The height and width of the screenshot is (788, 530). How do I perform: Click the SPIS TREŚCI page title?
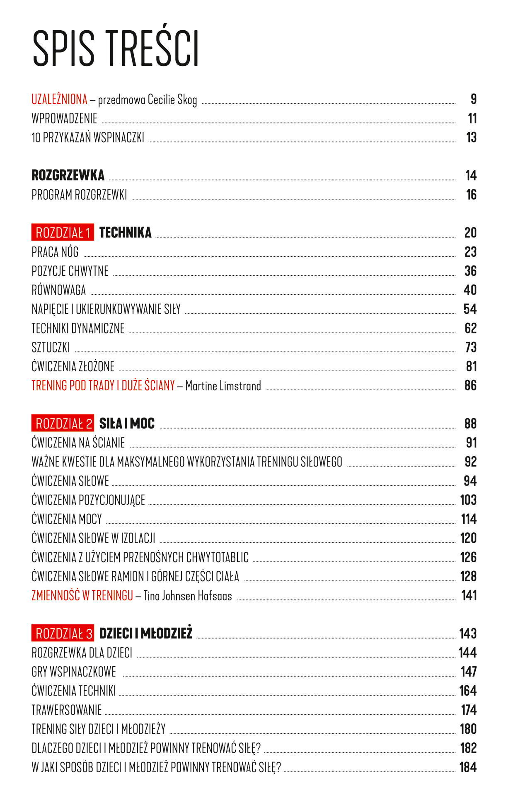116,48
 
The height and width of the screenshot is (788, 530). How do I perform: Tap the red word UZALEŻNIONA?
59,99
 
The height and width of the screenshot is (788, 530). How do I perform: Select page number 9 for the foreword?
473,99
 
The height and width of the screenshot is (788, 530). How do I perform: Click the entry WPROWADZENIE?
64,118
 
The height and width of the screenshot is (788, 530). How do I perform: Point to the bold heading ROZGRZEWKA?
68,175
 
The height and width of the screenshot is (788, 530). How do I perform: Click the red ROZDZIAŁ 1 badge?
63,232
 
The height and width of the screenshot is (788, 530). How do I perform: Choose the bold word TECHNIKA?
125,232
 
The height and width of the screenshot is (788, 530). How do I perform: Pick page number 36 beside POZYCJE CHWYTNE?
470,271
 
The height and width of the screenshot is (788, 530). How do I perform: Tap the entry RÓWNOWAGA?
58,290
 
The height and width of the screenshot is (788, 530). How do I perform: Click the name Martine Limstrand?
223,386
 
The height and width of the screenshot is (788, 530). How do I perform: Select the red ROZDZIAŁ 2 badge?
63,423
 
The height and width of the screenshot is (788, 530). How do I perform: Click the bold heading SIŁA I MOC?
127,423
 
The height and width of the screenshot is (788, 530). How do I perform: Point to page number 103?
468,500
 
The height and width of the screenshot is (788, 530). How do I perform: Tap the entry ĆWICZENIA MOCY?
66,519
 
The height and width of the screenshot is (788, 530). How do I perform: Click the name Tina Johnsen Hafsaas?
187,596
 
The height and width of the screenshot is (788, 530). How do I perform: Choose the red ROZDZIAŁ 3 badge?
63,633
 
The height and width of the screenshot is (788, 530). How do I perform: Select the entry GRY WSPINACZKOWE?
74,672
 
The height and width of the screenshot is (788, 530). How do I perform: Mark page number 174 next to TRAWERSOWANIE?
469,710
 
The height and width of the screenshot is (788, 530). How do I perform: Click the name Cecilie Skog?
172,100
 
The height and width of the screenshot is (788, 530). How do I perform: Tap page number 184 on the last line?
468,767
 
